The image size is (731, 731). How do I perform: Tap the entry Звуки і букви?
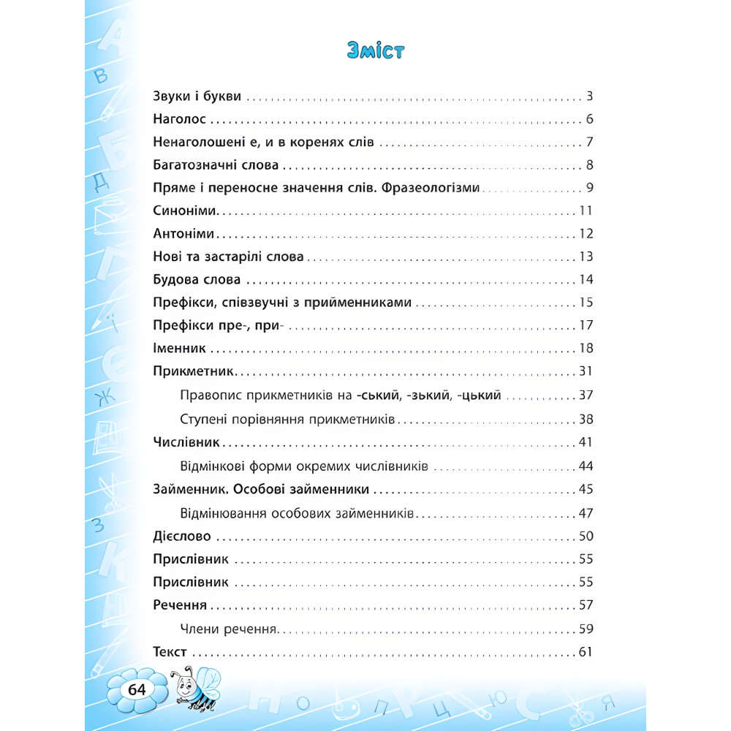[x=197, y=96]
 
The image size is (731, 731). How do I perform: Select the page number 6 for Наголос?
[x=588, y=120]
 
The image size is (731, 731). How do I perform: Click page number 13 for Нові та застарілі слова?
[x=585, y=257]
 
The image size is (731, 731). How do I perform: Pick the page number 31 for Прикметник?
[x=585, y=371]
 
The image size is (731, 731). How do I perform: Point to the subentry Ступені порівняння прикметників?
[x=287, y=420]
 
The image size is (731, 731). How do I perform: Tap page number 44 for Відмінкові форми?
[x=585, y=466]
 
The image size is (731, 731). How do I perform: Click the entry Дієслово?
[x=182, y=537]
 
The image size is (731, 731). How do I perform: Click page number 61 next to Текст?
[x=585, y=651]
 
